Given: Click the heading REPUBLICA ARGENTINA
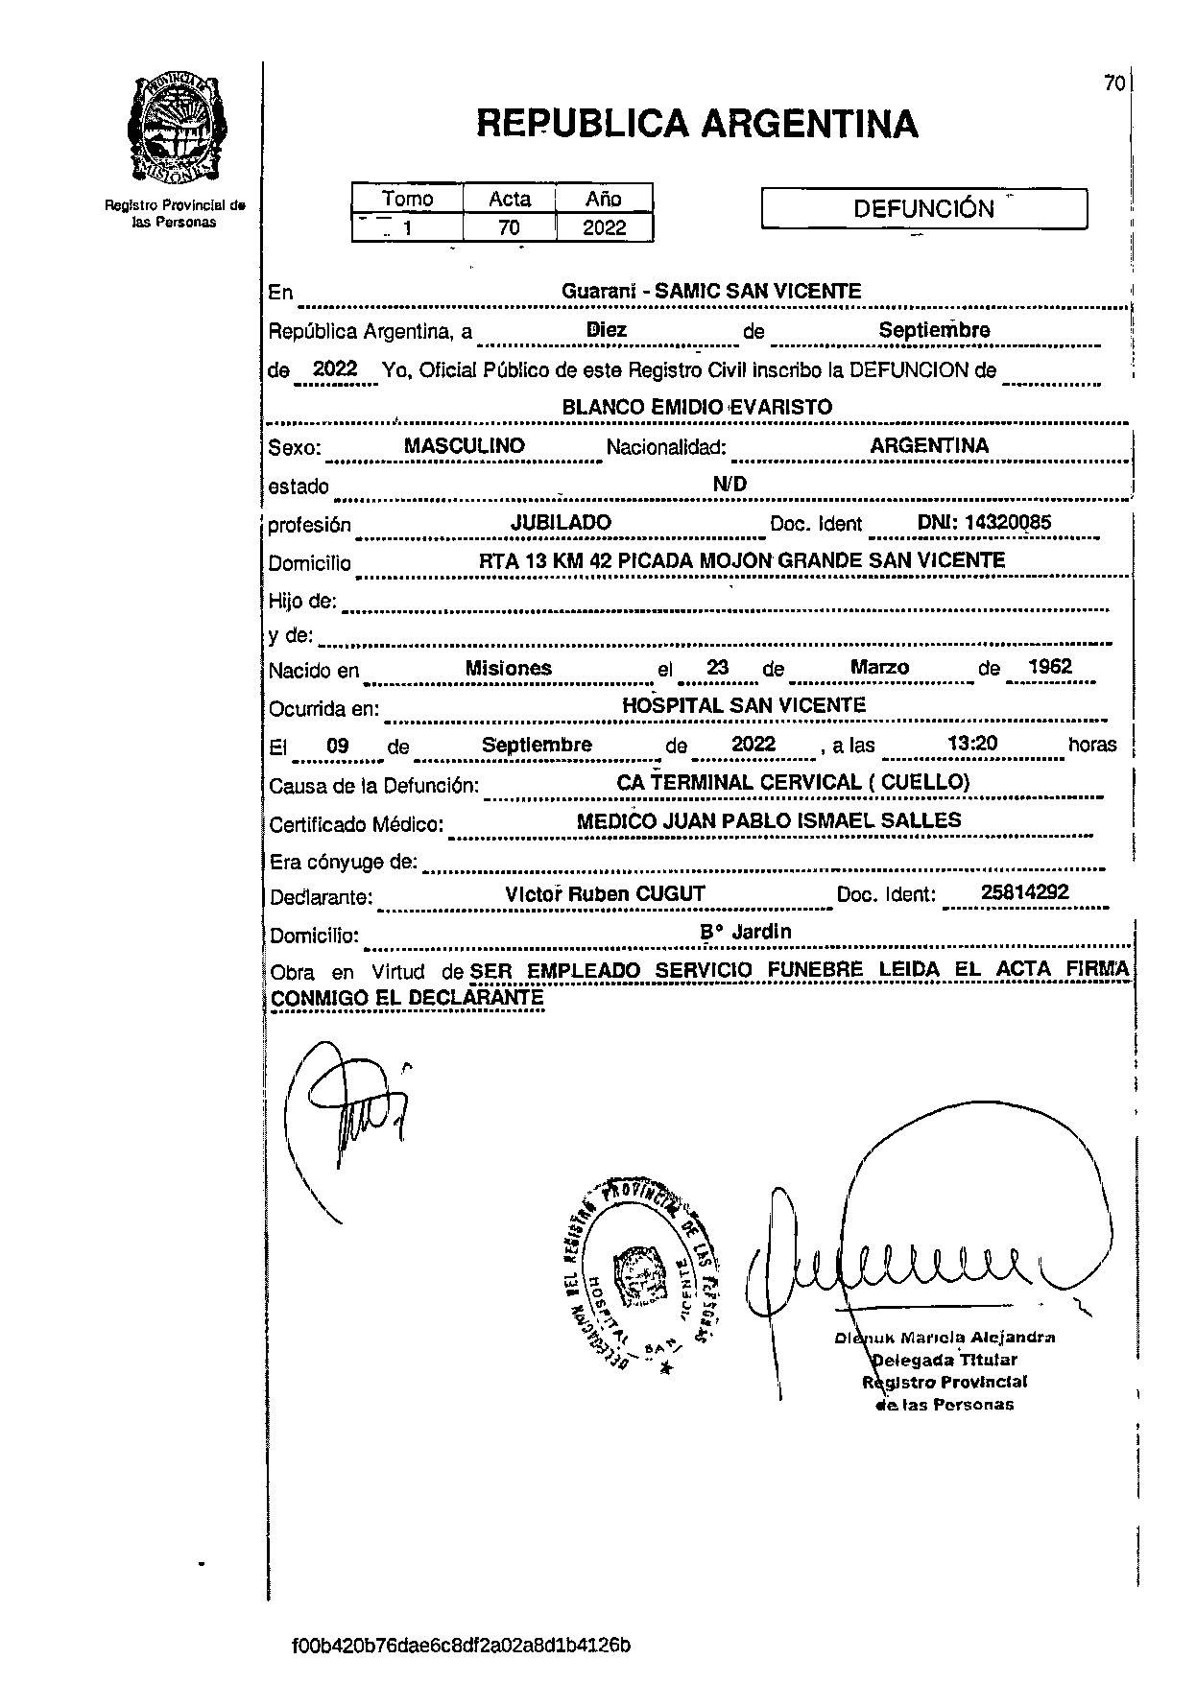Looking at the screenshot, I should click(x=697, y=124).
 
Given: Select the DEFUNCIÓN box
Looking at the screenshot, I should click(x=923, y=208).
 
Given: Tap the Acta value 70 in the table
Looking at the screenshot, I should click(x=509, y=227).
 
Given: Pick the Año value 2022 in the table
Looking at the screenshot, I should click(x=604, y=227).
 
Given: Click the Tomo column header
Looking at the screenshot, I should click(x=407, y=199).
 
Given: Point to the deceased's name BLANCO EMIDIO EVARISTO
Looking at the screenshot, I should click(x=697, y=407).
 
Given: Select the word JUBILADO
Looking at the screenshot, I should click(x=561, y=522).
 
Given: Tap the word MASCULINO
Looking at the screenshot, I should click(x=464, y=445).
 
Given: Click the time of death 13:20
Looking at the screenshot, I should click(x=972, y=744).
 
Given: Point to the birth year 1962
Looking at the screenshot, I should click(x=1049, y=667).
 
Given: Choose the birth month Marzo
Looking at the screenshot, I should click(x=879, y=667).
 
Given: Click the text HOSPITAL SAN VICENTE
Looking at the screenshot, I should click(x=744, y=705).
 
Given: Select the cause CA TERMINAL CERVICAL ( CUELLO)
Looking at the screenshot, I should click(x=793, y=782).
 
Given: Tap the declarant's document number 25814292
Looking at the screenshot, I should click(x=1024, y=892).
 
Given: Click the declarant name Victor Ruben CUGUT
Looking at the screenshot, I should click(x=605, y=893).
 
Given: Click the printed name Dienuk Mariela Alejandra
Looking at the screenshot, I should click(x=945, y=1337).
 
